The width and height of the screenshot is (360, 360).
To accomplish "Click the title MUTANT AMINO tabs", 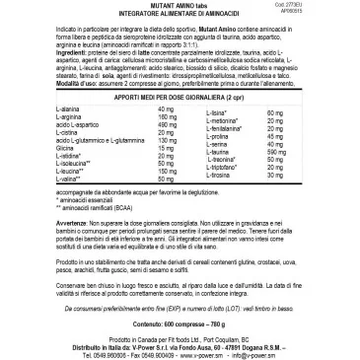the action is [180, 8].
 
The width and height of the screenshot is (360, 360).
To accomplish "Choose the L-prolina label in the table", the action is [224, 165].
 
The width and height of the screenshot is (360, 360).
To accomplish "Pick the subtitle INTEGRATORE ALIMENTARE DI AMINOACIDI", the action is [180, 16].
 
